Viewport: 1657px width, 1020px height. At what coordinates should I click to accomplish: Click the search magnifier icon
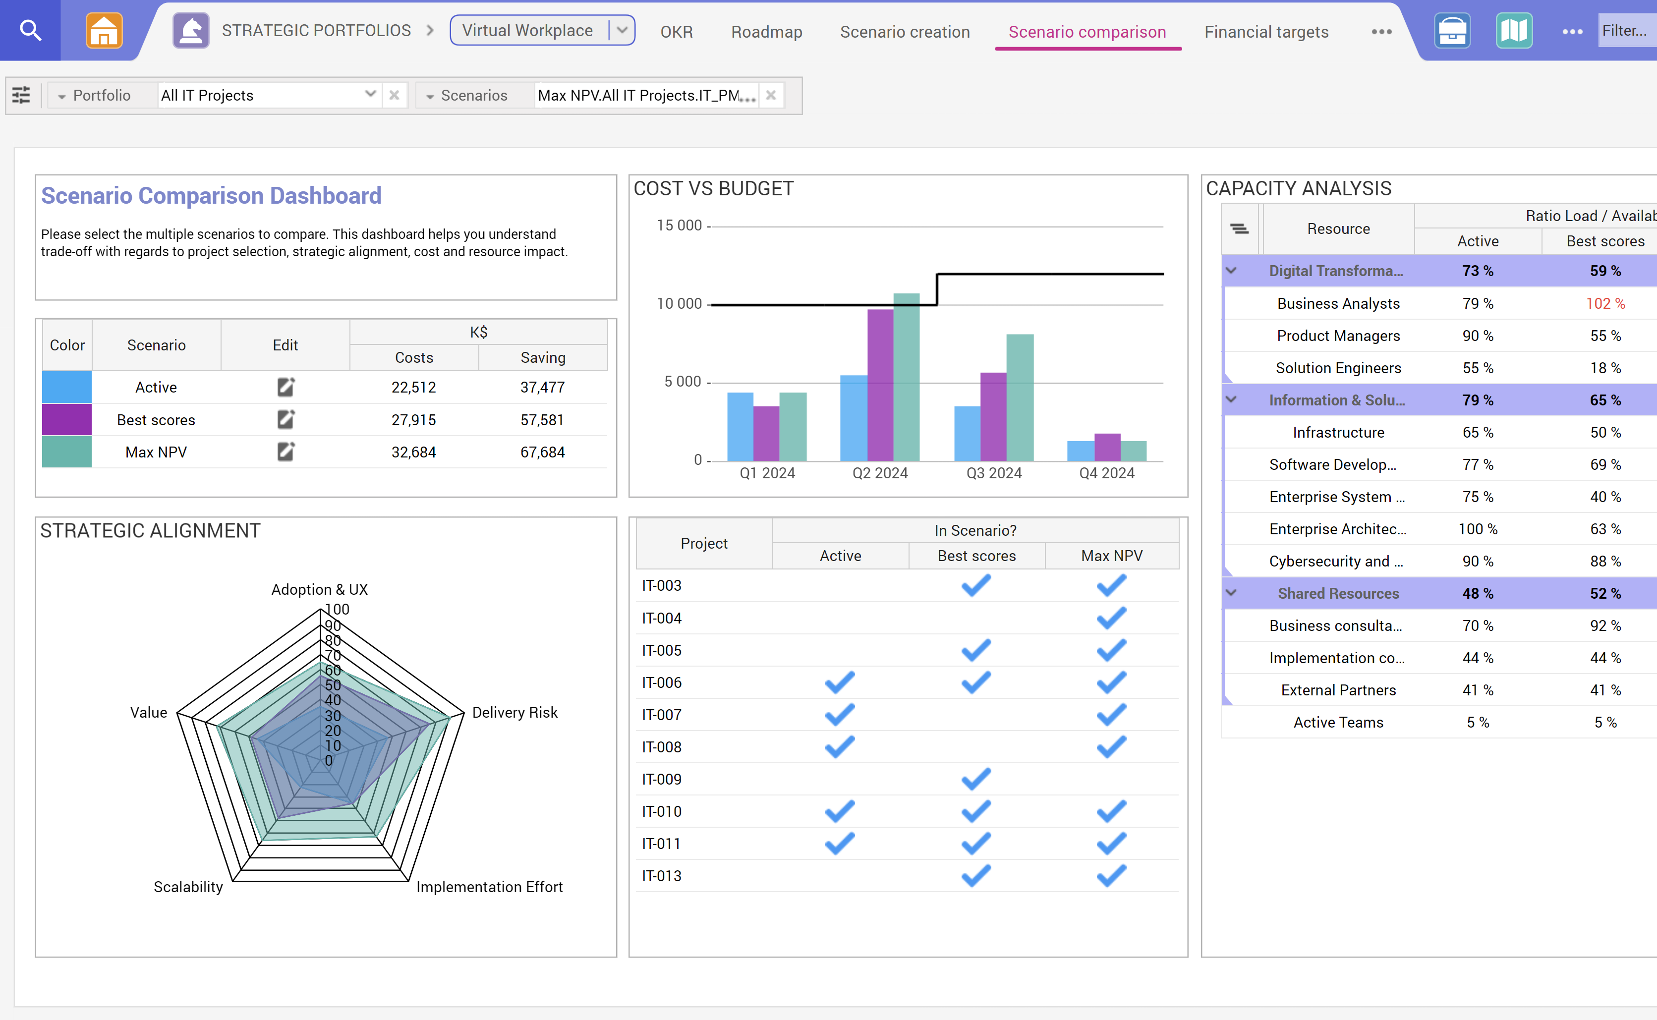[x=30, y=30]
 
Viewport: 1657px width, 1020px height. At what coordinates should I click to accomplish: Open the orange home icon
[x=104, y=30]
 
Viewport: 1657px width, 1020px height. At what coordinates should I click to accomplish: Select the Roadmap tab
[x=766, y=32]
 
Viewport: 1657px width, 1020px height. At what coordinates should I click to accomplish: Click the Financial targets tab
[x=1266, y=32]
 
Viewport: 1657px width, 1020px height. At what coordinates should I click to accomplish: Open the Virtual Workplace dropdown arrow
[x=622, y=30]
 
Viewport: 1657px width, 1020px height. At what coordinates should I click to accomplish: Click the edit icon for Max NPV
[x=286, y=452]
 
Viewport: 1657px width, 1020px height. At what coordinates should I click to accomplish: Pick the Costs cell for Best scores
[x=413, y=420]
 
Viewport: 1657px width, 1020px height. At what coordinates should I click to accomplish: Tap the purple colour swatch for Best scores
[x=67, y=420]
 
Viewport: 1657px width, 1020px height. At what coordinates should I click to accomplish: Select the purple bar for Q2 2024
[x=880, y=385]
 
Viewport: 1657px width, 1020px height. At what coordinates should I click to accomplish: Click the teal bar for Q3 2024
[x=1020, y=398]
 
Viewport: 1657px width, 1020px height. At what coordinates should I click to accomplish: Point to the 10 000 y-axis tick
[x=680, y=303]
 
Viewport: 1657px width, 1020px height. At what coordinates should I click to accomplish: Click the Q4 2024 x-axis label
[x=1106, y=473]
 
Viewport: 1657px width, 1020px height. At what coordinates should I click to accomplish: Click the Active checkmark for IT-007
[x=840, y=714]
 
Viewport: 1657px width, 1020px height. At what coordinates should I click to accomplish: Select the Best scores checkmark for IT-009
[x=975, y=779]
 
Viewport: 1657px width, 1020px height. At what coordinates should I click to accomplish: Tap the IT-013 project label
[x=661, y=876]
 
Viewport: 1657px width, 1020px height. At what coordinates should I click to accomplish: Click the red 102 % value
[x=1605, y=303]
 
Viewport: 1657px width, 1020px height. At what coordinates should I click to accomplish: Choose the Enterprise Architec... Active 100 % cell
[x=1478, y=529]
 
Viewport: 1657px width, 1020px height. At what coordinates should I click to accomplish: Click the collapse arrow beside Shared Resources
[x=1231, y=593]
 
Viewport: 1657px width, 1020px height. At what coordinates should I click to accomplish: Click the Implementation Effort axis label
[x=489, y=886]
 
